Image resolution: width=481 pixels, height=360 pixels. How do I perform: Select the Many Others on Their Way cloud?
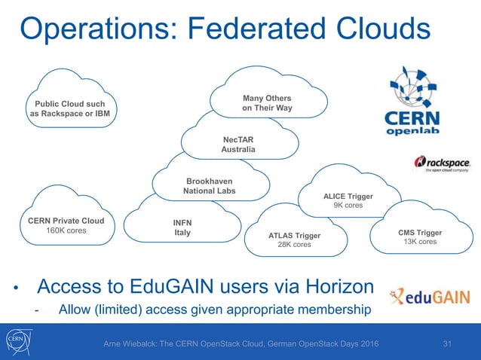267,103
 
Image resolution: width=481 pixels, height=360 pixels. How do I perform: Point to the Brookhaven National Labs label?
209,186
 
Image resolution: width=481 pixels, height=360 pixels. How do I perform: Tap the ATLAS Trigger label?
294,235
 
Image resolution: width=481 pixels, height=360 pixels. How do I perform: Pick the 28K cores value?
294,245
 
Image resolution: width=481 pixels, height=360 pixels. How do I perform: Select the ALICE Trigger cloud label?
348,195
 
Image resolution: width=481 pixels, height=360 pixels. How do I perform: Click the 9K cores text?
348,205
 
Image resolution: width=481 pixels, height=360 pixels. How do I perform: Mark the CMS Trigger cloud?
420,236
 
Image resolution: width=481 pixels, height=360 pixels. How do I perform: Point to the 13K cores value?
420,243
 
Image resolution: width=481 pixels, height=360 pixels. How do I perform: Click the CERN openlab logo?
422,102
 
